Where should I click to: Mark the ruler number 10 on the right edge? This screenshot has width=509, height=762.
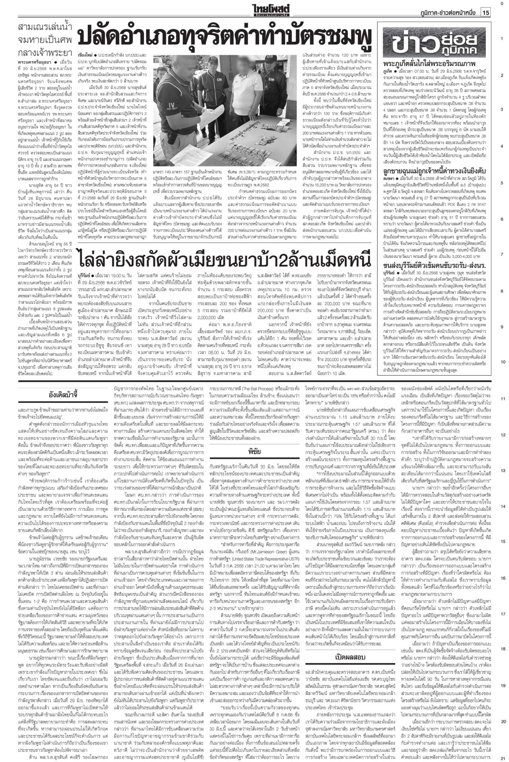(x=502, y=362)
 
